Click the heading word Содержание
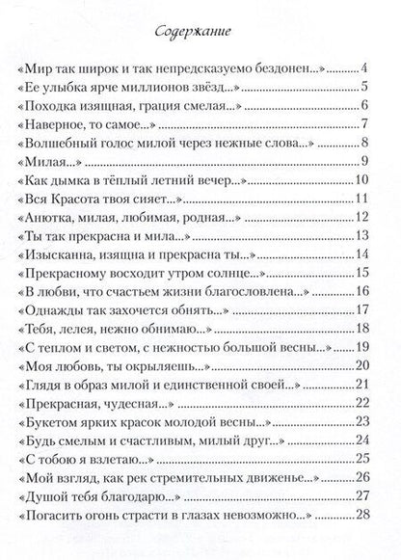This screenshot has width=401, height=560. pyautogui.click(x=200, y=33)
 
